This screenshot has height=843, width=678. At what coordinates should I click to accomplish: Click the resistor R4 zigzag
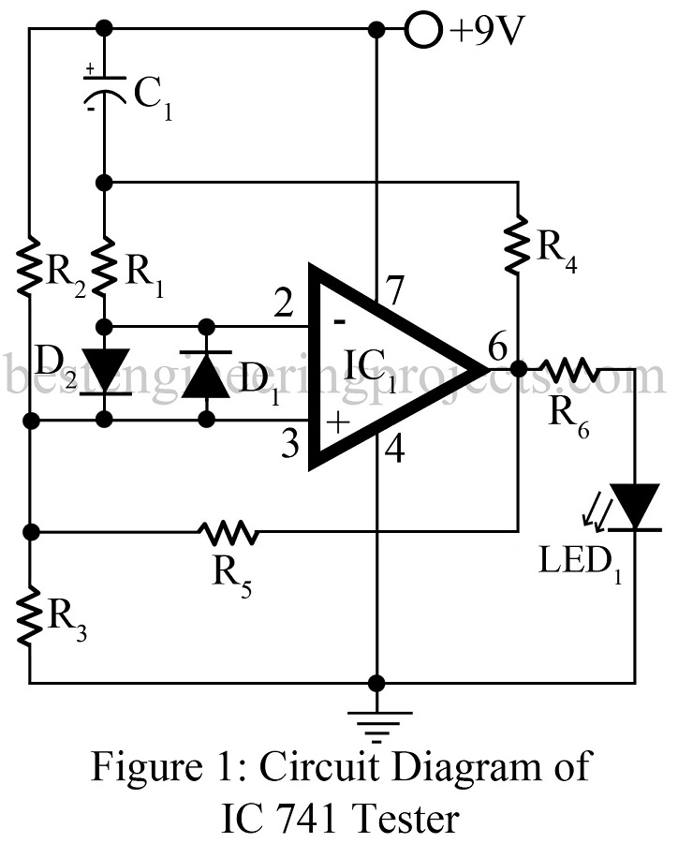coord(518,246)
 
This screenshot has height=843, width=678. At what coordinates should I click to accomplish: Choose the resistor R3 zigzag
coord(31,615)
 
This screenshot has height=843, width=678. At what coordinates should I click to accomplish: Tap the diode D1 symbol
coord(207,372)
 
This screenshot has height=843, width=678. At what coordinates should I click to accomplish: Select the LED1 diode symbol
coord(635,506)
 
